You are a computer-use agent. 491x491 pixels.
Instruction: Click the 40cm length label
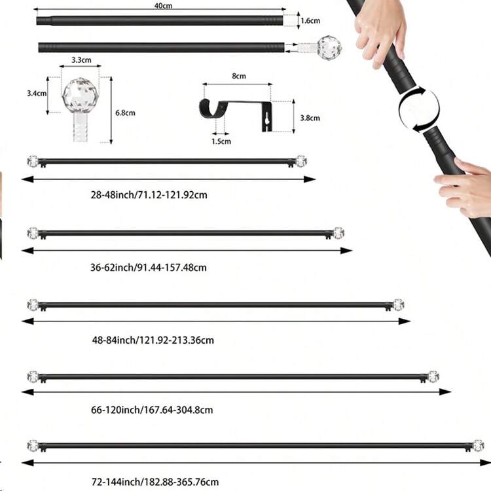(163, 5)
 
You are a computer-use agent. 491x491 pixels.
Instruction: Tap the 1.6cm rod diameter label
(310, 21)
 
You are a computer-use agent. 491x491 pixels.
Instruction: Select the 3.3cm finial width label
(81, 60)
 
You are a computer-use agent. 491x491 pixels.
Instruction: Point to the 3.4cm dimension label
(37, 94)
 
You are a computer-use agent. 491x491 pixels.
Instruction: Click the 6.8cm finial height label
(125, 113)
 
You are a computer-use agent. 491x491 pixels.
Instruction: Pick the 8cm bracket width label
(239, 76)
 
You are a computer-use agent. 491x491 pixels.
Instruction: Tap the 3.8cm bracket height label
(310, 118)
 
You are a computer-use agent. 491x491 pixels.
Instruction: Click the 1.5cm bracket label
(221, 141)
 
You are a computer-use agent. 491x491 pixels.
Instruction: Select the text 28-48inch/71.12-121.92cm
(149, 195)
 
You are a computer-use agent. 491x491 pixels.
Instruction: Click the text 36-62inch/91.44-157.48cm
(149, 268)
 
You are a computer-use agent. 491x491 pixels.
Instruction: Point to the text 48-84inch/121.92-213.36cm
(153, 340)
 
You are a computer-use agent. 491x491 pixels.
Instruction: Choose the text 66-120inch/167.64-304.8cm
(152, 410)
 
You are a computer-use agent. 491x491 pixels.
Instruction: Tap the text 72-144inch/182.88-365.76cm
(155, 482)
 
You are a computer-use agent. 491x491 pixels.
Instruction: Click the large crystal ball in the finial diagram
(81, 96)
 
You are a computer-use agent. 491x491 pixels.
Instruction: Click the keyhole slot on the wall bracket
(266, 118)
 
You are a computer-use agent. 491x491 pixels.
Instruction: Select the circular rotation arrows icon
(419, 109)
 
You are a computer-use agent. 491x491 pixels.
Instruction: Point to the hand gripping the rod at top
(380, 31)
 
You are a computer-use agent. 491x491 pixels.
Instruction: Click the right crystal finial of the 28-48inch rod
(301, 161)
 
